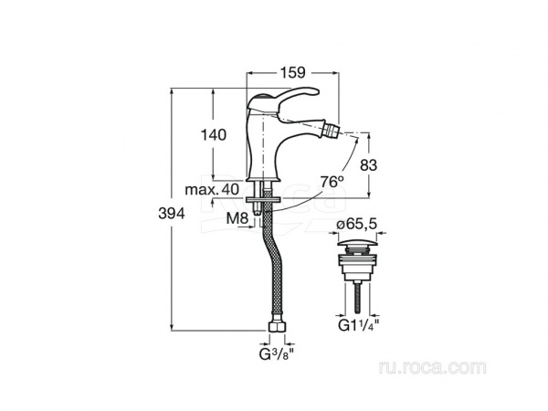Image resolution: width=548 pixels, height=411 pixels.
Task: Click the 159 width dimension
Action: [x=292, y=72]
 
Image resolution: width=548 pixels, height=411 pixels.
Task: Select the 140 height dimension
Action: [x=213, y=134]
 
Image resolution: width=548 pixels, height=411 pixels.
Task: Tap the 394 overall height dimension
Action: [x=172, y=213]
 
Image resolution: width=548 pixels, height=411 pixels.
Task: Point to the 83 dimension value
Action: [x=368, y=165]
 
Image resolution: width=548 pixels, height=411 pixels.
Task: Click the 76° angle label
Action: [x=332, y=182]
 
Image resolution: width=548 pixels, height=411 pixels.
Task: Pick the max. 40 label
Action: [x=212, y=189]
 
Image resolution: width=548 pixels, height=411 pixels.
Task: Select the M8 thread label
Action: [x=237, y=219]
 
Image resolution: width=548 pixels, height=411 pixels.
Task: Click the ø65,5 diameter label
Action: [x=357, y=224]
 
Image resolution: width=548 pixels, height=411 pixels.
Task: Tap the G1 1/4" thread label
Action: [x=359, y=325]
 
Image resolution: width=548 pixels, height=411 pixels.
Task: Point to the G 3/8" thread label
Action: [x=276, y=354]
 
